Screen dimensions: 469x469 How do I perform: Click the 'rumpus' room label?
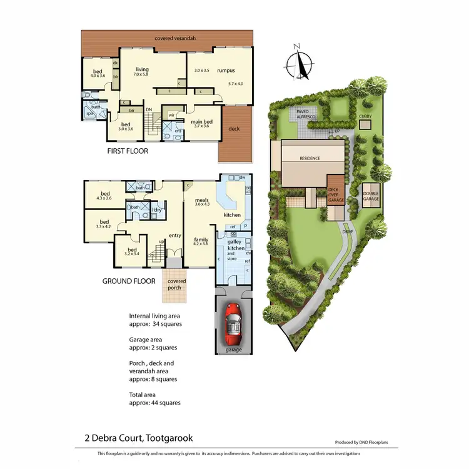tap(226, 71)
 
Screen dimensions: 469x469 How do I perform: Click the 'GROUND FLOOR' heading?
tap(129, 281)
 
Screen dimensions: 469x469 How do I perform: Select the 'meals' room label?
tap(201, 200)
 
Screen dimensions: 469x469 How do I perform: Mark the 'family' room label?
tap(201, 240)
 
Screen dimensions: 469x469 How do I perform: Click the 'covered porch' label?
tap(176, 285)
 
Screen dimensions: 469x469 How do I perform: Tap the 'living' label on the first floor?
tap(143, 69)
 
